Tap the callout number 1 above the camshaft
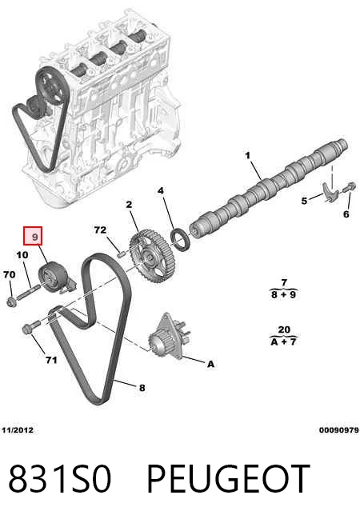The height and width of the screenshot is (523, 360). pyautogui.click(x=247, y=155)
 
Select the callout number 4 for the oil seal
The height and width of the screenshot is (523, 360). pyautogui.click(x=161, y=191)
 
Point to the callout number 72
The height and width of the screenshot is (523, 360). pyautogui.click(x=100, y=230)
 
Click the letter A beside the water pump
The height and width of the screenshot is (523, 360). pyautogui.click(x=210, y=364)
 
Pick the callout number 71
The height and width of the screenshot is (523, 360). pyautogui.click(x=51, y=360)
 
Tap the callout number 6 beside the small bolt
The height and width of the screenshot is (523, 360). pyautogui.click(x=346, y=214)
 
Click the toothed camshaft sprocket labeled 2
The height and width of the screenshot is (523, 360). pyautogui.click(x=153, y=258)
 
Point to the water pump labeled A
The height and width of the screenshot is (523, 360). pyautogui.click(x=169, y=336)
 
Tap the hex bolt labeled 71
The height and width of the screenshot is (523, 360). pyautogui.click(x=31, y=326)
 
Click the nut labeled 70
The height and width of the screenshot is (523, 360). pyautogui.click(x=10, y=302)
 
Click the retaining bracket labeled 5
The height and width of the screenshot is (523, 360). pyautogui.click(x=330, y=193)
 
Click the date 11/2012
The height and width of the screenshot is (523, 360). pyautogui.click(x=18, y=430)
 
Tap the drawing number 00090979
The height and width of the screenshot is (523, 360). pyautogui.click(x=339, y=430)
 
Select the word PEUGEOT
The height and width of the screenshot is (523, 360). pyautogui.click(x=228, y=478)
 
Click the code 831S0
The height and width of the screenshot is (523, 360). pyautogui.click(x=59, y=478)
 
